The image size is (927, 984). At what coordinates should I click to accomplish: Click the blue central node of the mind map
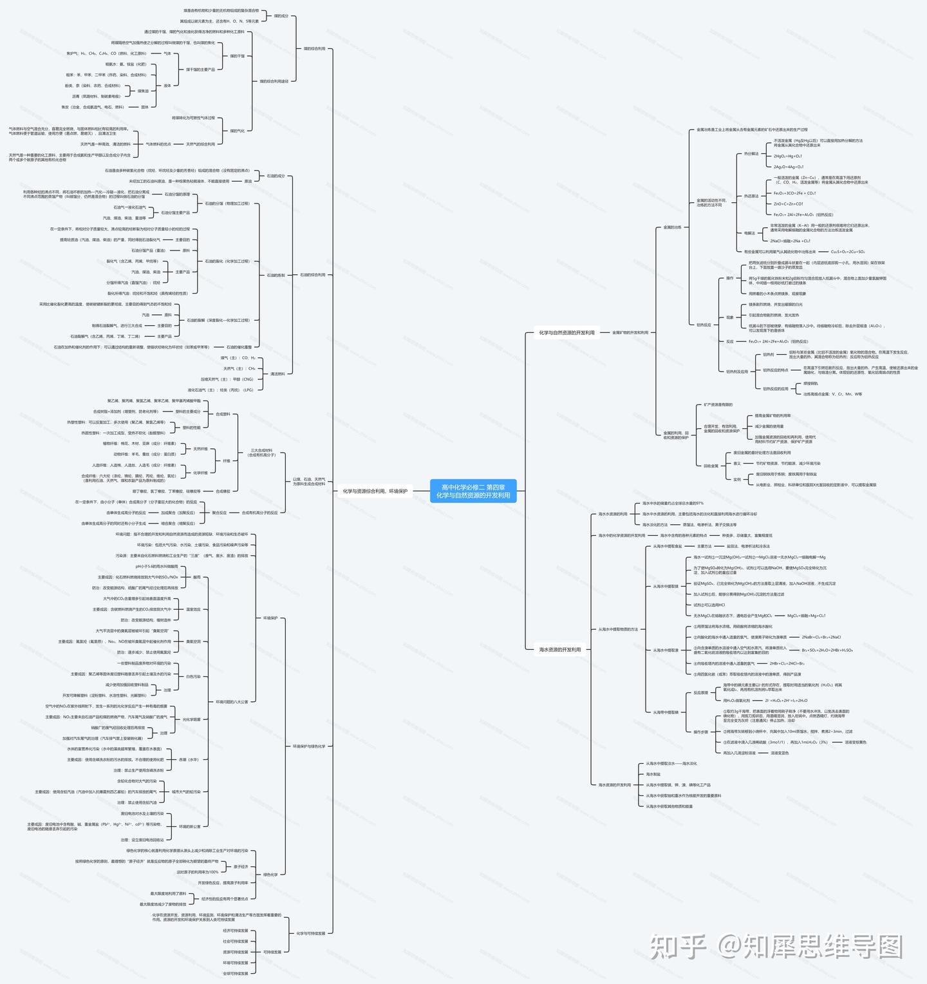[473, 491]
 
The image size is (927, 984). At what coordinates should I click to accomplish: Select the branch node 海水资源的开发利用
[559, 650]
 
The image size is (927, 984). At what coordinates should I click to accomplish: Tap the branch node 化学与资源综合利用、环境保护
[375, 491]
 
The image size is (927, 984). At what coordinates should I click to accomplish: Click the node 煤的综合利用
[314, 48]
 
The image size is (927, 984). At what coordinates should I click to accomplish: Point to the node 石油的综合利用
[312, 275]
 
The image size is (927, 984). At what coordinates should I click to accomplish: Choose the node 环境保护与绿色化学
[309, 746]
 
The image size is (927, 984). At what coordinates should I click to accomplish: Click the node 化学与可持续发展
[311, 933]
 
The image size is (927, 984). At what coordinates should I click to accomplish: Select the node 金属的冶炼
[672, 227]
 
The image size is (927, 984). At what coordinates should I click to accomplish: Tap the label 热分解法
[751, 154]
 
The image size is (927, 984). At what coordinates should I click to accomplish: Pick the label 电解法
[749, 233]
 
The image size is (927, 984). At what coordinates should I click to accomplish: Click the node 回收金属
[711, 466]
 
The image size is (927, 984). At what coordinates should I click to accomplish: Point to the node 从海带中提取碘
[666, 712]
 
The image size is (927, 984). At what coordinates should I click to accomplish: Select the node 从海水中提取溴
[666, 650]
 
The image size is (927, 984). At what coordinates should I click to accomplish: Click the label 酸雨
[197, 577]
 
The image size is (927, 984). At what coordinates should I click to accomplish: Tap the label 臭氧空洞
[193, 641]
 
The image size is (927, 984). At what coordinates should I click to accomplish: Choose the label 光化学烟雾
[191, 719]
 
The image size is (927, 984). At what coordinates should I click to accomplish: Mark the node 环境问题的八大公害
[232, 702]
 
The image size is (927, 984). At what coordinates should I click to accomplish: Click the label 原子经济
[240, 867]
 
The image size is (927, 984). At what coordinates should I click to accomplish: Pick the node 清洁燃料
[277, 374]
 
